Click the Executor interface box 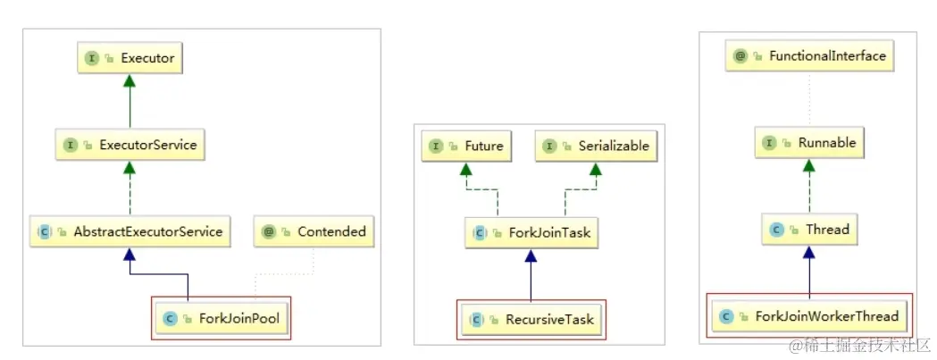pos(130,58)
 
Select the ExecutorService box pos(130,144)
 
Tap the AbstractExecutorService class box pos(130,231)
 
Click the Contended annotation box pos(314,231)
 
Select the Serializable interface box pos(593,146)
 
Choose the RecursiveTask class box pos(531,319)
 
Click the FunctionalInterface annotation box pos(809,55)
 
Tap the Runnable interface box pos(809,143)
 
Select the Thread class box pos(809,230)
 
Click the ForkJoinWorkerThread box pos(809,316)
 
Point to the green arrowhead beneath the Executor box pos(130,81)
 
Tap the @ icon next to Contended pos(268,231)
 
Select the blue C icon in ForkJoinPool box pos(169,318)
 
